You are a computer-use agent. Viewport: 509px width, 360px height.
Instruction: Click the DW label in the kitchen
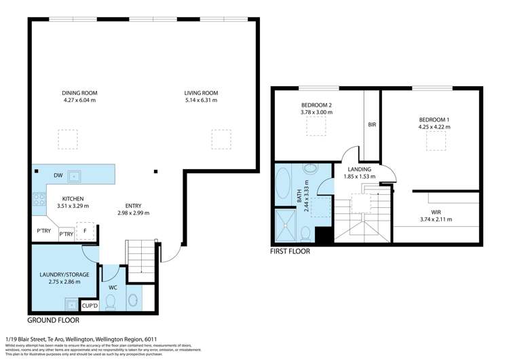[58, 175]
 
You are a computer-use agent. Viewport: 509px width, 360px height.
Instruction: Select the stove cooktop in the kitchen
[39, 200]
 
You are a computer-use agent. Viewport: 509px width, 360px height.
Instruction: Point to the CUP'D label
[90, 306]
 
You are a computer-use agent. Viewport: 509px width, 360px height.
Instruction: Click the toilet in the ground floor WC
[110, 301]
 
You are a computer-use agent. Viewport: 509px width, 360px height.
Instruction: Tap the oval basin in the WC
[133, 300]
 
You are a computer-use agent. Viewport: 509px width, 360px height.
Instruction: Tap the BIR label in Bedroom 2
[372, 125]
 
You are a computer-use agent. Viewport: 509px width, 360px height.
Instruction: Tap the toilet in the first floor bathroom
[306, 233]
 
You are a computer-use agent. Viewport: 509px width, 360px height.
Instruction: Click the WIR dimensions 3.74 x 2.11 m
[436, 219]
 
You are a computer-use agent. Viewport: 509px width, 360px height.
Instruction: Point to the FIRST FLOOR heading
[290, 251]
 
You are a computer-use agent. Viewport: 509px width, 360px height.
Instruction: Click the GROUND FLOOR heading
[56, 319]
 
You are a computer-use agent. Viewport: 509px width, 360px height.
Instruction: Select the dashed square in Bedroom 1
[435, 141]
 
